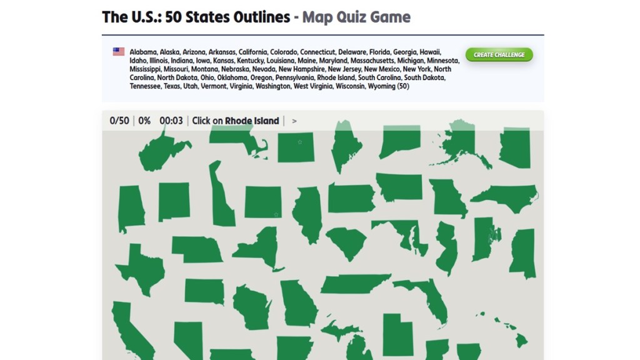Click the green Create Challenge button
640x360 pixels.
[x=499, y=55]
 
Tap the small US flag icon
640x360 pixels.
[x=119, y=52]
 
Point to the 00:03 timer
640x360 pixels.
[x=171, y=121]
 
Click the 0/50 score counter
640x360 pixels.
[x=119, y=121]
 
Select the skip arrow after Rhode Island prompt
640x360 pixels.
[x=294, y=121]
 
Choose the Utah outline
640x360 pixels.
[x=397, y=334]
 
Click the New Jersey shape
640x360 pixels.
[x=446, y=247]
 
